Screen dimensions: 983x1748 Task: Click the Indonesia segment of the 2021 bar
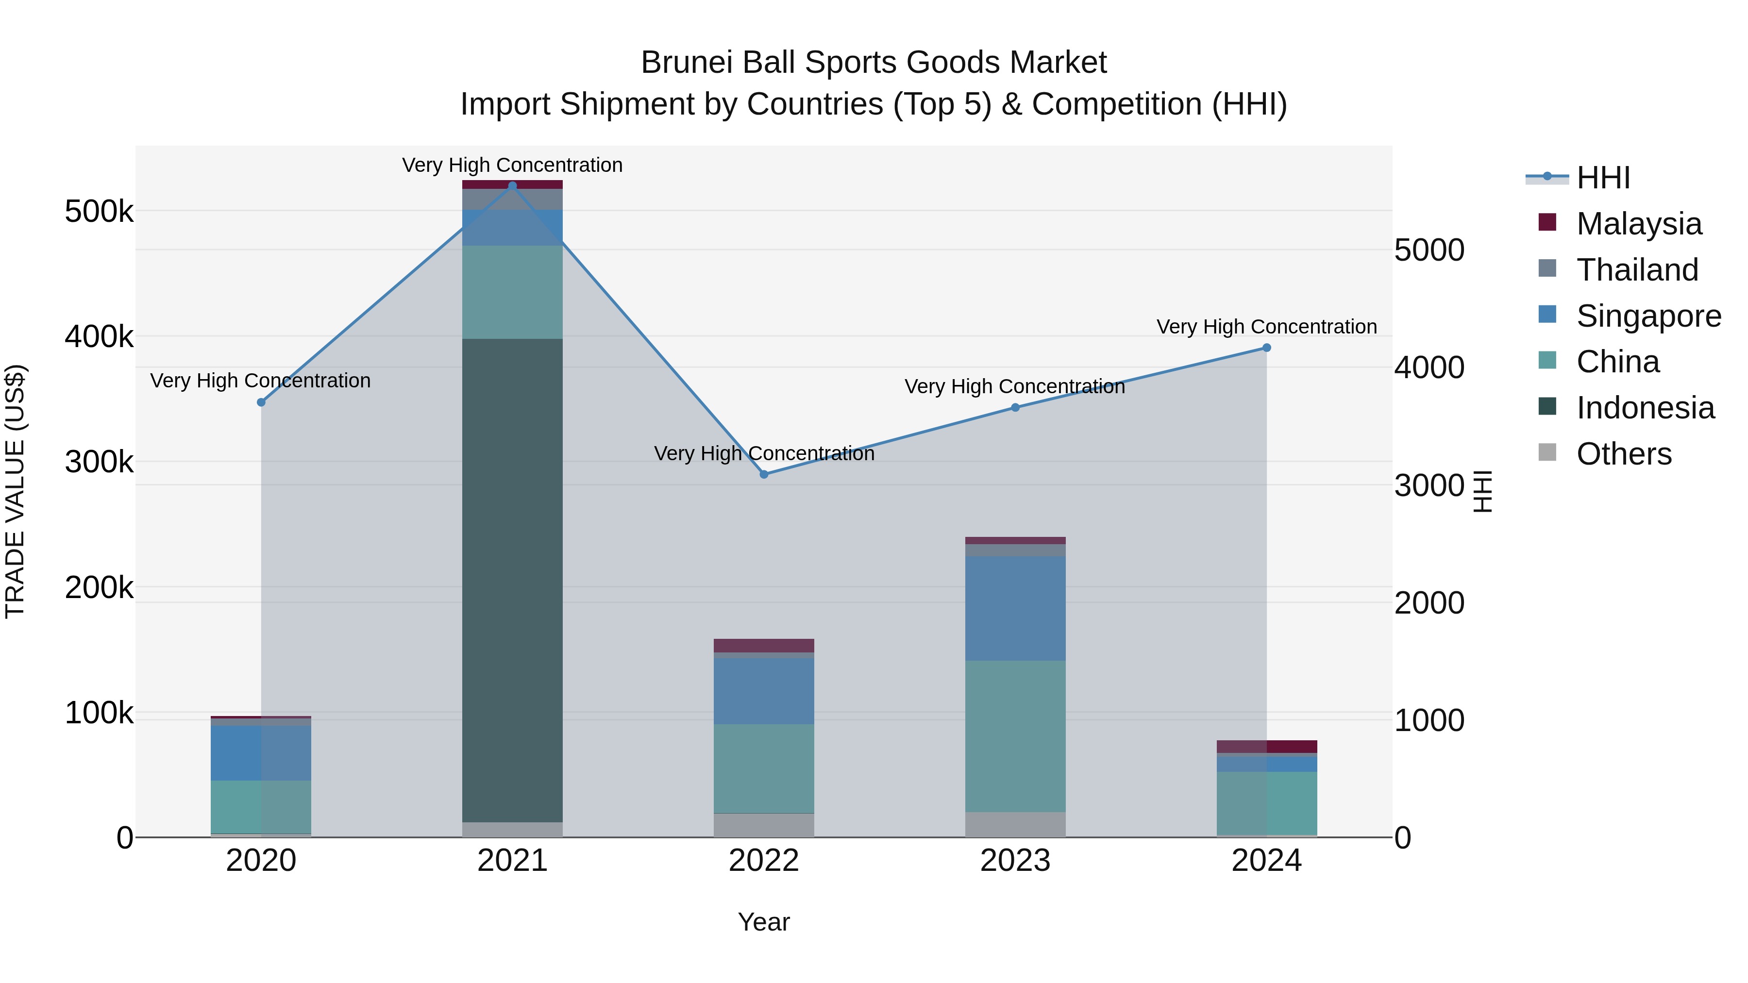512,580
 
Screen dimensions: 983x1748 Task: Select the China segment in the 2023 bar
1015,736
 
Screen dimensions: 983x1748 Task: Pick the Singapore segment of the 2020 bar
261,753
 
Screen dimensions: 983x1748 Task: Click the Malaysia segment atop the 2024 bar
1266,746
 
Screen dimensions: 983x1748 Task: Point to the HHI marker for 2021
512,186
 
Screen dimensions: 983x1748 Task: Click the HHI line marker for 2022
764,474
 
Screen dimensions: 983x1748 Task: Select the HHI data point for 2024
1266,348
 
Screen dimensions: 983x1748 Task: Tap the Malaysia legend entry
1638,224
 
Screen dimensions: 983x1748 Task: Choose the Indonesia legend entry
1645,408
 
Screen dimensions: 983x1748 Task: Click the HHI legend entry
1603,178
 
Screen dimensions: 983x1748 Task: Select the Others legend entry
1623,454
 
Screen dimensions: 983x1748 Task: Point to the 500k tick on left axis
99,212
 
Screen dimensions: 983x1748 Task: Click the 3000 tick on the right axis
1429,486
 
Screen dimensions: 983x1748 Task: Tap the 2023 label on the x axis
1015,861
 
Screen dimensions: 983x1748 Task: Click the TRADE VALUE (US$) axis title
15,491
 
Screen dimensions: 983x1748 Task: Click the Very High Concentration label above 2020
261,381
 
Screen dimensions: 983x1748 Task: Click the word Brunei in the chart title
685,63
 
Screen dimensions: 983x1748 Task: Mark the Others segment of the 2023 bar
1015,824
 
